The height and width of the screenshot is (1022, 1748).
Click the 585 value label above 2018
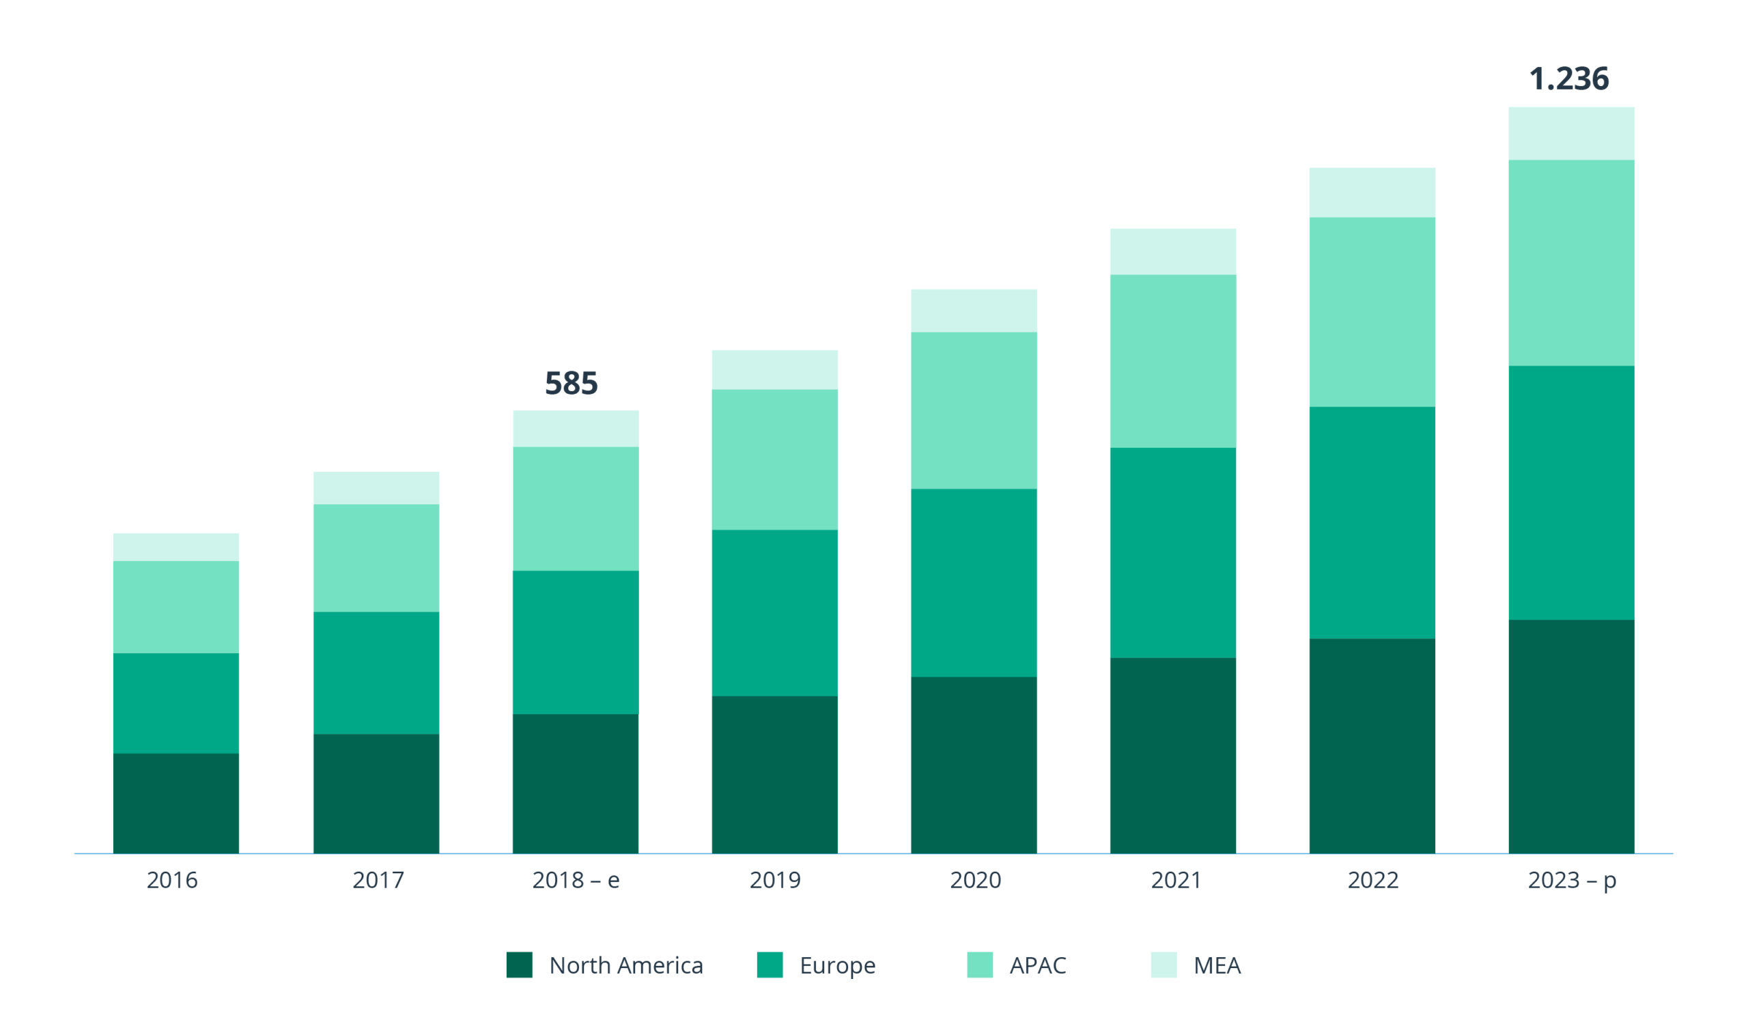pyautogui.click(x=571, y=383)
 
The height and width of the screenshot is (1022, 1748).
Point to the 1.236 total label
pyautogui.click(x=1568, y=79)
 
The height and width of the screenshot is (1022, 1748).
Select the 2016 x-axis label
pyautogui.click(x=172, y=880)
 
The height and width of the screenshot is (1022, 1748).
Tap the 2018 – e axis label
pyautogui.click(x=576, y=880)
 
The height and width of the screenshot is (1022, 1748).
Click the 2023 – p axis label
pyautogui.click(x=1572, y=880)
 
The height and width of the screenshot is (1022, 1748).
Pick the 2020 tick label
pyautogui.click(x=975, y=880)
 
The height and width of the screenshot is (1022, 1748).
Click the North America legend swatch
pyautogui.click(x=519, y=965)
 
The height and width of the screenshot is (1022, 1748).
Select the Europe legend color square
pyautogui.click(x=770, y=965)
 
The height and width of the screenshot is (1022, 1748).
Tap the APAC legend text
pyautogui.click(x=1038, y=965)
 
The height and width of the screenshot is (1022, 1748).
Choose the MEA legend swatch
pyautogui.click(x=1164, y=965)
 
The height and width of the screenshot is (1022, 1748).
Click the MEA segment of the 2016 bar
pyautogui.click(x=176, y=547)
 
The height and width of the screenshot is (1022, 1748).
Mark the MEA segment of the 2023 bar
pyautogui.click(x=1571, y=133)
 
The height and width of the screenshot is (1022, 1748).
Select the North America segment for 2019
pyautogui.click(x=775, y=774)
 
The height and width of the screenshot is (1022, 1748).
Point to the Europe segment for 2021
pyautogui.click(x=1173, y=552)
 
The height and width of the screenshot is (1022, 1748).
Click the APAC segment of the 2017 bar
pyautogui.click(x=376, y=558)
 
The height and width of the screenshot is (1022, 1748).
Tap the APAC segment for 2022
pyautogui.click(x=1372, y=312)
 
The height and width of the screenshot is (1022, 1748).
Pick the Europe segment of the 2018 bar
pyautogui.click(x=576, y=642)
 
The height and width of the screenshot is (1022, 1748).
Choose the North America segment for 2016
pyautogui.click(x=176, y=803)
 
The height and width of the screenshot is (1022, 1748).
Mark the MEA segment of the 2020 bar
pyautogui.click(x=974, y=311)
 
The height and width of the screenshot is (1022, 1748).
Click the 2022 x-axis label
pyautogui.click(x=1372, y=880)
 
